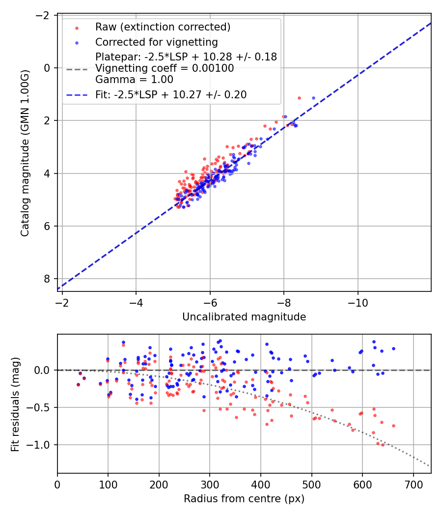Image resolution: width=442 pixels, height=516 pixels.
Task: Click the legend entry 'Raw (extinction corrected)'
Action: (x=163, y=27)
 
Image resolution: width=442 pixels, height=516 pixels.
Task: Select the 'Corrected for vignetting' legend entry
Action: (x=156, y=42)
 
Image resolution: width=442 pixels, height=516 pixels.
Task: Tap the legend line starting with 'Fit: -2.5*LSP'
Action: (x=171, y=94)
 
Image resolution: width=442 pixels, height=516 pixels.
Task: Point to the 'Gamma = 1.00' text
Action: (x=134, y=79)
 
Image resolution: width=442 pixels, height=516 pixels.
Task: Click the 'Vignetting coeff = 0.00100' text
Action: (x=165, y=68)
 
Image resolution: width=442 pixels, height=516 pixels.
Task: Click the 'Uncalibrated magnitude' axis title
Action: (x=244, y=317)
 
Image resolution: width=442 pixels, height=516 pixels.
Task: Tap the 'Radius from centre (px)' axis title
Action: (x=244, y=499)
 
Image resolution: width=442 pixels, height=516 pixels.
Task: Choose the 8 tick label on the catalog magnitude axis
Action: (x=48, y=279)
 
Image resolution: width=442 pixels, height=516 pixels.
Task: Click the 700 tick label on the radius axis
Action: (x=413, y=485)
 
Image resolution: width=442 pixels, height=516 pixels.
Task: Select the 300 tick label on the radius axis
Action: (x=210, y=485)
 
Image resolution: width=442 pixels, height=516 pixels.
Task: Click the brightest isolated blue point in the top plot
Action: (x=313, y=98)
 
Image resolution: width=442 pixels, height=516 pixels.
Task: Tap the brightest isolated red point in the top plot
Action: (x=299, y=98)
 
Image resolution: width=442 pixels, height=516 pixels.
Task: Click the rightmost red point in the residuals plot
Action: (x=393, y=426)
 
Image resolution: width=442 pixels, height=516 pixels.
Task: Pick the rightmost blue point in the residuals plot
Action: (x=393, y=348)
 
